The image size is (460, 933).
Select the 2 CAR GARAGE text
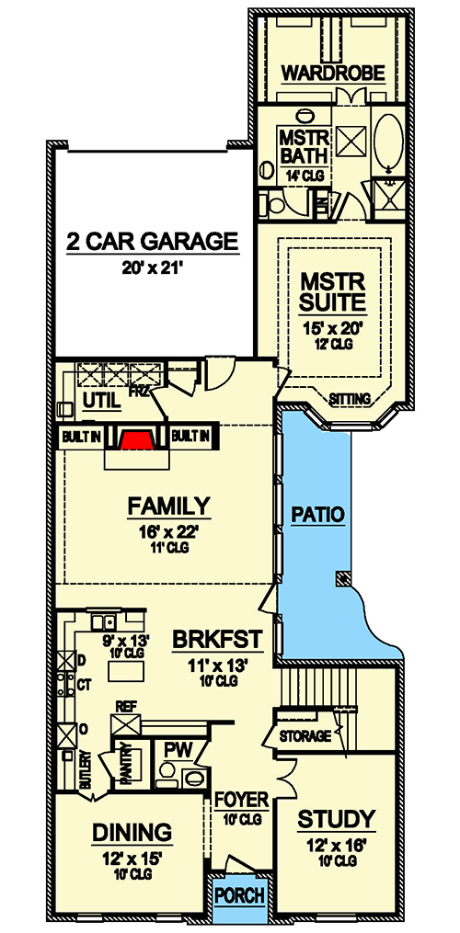click(x=152, y=242)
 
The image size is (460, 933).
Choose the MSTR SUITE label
click(x=334, y=290)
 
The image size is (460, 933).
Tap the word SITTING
click(x=349, y=399)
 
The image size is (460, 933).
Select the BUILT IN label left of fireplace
click(x=80, y=435)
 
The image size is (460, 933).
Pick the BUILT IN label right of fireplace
click(x=191, y=435)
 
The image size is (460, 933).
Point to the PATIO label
click(x=317, y=515)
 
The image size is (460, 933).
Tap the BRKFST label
click(x=217, y=639)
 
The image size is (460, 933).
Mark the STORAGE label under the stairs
click(x=305, y=736)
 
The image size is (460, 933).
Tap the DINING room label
click(x=132, y=833)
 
